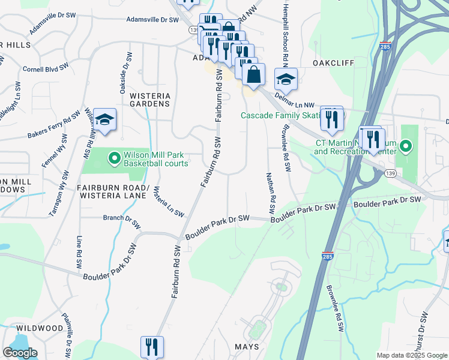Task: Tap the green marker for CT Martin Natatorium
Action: tap(406, 146)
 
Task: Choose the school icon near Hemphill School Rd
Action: tap(286, 79)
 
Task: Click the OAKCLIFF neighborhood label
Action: tap(333, 63)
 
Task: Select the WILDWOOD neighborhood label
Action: tap(40, 328)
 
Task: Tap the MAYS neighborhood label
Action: tap(247, 347)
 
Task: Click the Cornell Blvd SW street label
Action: tap(45, 69)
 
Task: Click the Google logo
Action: tap(20, 353)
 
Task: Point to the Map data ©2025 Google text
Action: tap(411, 355)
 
